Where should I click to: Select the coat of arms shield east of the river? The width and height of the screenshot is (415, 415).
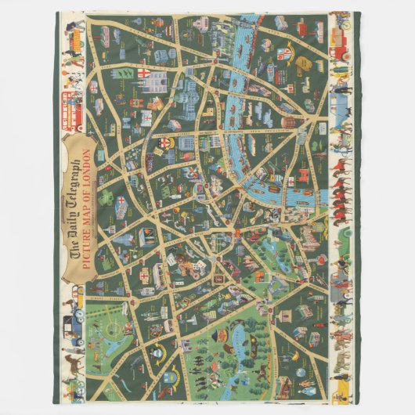[287, 54]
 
